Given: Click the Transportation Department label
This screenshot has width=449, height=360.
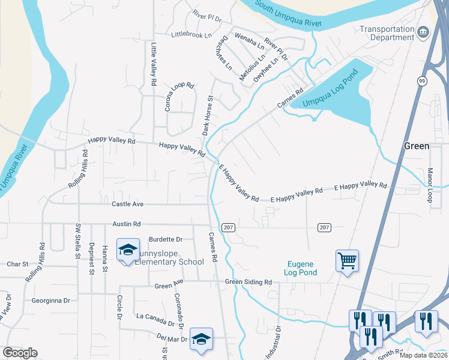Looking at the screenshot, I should (387, 33).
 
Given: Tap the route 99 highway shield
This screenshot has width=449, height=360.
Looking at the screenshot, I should (423, 82).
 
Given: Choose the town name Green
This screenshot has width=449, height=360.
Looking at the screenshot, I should (416, 146).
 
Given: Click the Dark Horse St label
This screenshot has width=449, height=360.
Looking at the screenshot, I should (206, 115).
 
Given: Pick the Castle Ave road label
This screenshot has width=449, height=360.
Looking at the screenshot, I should (127, 205).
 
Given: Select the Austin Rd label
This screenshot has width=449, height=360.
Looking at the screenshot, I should (126, 224).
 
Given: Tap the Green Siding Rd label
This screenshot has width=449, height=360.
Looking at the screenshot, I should (249, 282).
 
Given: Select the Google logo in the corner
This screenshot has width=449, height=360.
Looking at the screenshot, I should (20, 353).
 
